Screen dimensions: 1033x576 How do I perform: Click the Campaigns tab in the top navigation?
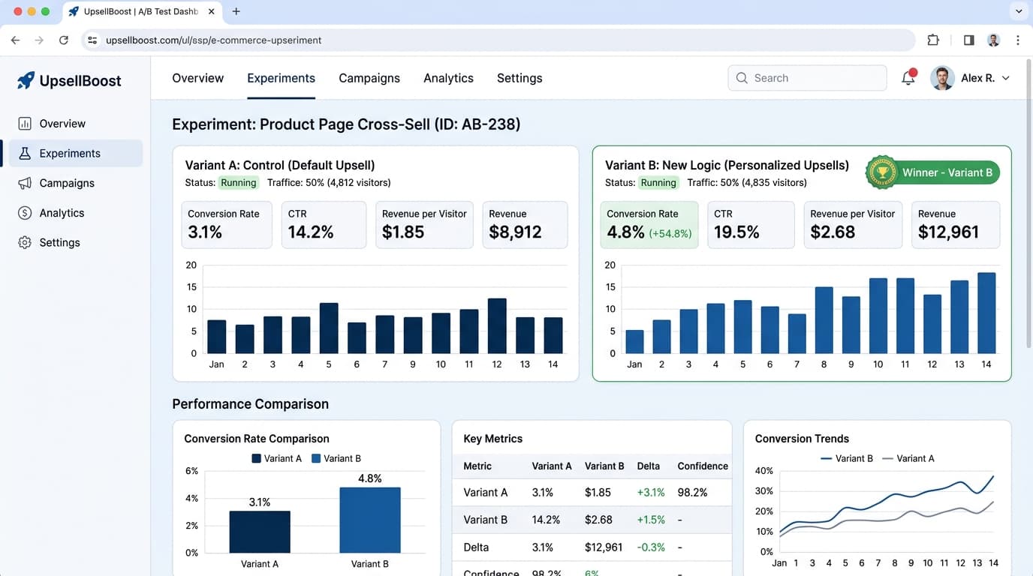pyautogui.click(x=369, y=78)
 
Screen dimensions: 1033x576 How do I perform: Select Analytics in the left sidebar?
pyautogui.click(x=62, y=213)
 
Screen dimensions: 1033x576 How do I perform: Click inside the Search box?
pyautogui.click(x=807, y=78)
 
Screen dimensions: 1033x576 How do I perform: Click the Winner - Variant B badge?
pyautogui.click(x=932, y=172)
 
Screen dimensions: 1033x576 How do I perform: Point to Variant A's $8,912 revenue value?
pyautogui.click(x=515, y=232)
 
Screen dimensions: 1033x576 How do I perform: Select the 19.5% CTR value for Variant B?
pyautogui.click(x=736, y=232)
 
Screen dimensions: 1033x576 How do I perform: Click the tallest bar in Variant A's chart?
pyautogui.click(x=497, y=325)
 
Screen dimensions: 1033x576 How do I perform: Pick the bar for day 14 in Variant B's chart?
pyautogui.click(x=986, y=313)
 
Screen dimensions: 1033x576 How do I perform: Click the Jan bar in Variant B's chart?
pyautogui.click(x=634, y=341)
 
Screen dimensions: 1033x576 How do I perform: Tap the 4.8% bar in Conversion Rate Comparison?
pyautogui.click(x=370, y=520)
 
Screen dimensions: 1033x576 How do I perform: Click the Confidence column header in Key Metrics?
pyautogui.click(x=703, y=466)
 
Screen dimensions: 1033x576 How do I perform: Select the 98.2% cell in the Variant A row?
pyautogui.click(x=692, y=492)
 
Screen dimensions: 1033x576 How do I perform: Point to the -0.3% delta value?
pyautogui.click(x=651, y=547)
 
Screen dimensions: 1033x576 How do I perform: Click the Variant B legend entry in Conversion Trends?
pyautogui.click(x=847, y=458)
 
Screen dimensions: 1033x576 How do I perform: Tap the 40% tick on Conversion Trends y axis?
pyautogui.click(x=763, y=470)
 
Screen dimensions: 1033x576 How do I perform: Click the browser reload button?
pyautogui.click(x=64, y=40)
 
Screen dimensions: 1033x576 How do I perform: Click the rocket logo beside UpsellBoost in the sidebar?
pyautogui.click(x=26, y=80)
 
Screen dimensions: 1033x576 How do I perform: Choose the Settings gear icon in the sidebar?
pyautogui.click(x=25, y=242)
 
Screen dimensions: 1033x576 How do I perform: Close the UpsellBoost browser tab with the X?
pyautogui.click(x=211, y=11)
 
